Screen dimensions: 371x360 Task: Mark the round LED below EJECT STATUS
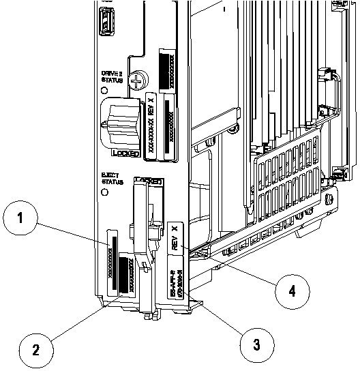(104, 193)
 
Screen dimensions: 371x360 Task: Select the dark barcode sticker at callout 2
(127, 273)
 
